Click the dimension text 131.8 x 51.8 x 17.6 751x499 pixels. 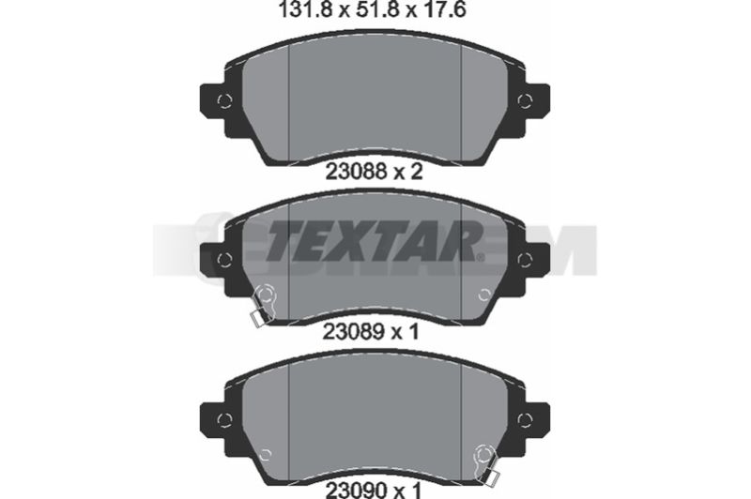point(373,9)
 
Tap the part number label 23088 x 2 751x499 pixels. point(374,172)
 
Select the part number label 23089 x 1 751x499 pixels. point(371,330)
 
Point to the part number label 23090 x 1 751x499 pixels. point(373,490)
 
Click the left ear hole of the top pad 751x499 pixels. point(224,101)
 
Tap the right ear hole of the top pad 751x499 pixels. point(525,101)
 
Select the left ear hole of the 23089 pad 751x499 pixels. point(224,260)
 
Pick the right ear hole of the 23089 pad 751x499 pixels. point(525,260)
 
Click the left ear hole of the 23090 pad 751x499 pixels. point(224,419)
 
